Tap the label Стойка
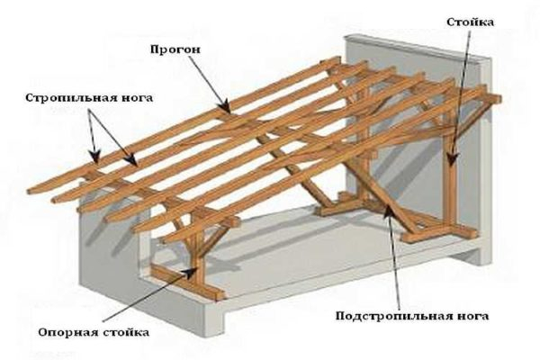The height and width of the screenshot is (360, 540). coord(468,21)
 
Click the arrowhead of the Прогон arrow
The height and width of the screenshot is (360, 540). coord(226,112)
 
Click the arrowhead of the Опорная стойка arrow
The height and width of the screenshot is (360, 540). coord(197,269)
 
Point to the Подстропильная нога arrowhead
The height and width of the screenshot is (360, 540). coord(386,206)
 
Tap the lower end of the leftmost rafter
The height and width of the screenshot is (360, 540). coord(31,190)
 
